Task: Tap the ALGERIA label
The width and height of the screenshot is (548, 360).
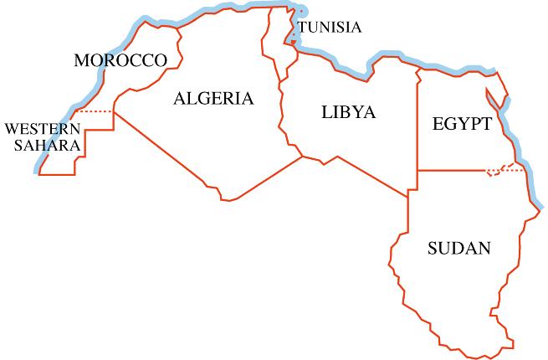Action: (213, 99)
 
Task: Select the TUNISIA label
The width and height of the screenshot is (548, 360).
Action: (330, 28)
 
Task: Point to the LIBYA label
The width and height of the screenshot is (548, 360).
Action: (348, 112)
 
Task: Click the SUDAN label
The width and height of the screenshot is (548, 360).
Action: (458, 248)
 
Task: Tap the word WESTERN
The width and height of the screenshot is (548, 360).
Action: (43, 129)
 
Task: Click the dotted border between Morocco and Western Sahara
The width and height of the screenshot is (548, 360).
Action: (94, 111)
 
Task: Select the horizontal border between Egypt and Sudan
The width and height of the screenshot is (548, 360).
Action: (452, 170)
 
